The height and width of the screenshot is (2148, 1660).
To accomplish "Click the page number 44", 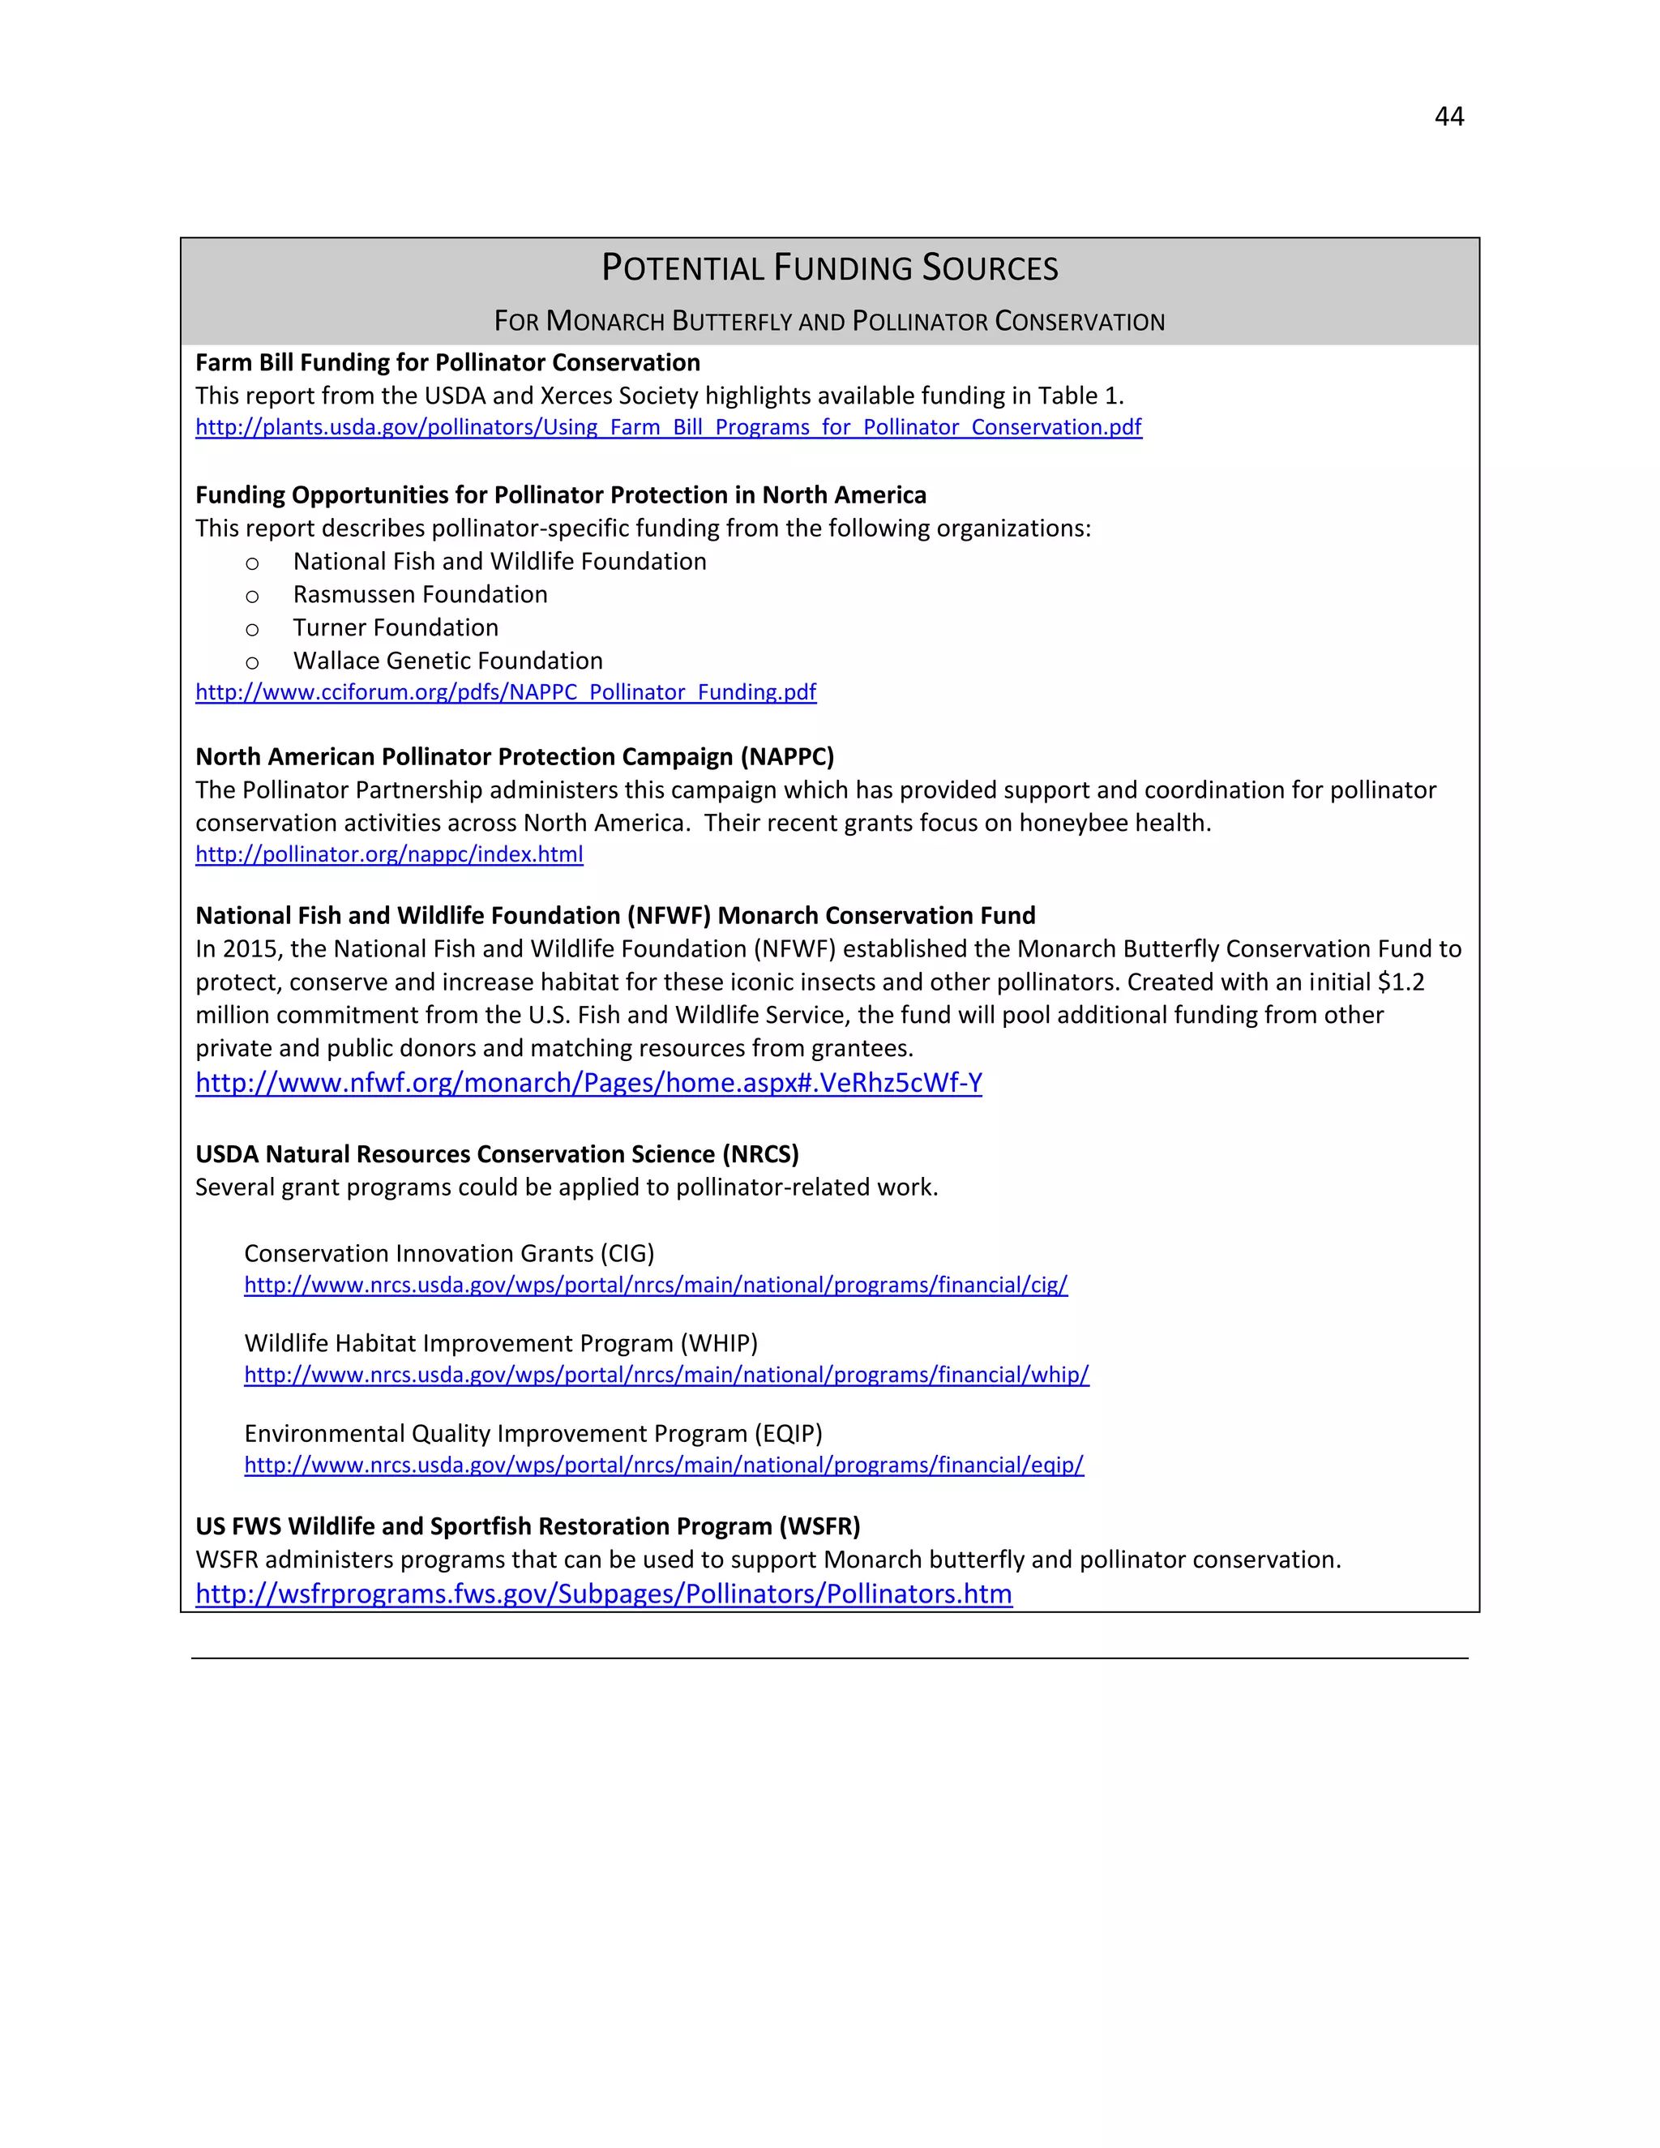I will (x=1448, y=117).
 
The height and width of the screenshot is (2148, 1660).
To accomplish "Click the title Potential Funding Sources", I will (x=829, y=268).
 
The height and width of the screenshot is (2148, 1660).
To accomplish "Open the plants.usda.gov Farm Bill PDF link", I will (x=668, y=427).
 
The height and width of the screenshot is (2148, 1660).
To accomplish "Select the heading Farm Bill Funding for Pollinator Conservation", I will (x=447, y=363).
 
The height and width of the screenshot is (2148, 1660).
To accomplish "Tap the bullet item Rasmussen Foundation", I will (x=420, y=594).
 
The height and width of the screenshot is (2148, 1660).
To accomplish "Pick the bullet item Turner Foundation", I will (x=396, y=627).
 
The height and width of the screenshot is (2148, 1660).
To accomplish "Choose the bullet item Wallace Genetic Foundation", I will (x=447, y=661).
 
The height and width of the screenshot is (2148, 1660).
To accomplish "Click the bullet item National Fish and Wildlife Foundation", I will (x=499, y=562).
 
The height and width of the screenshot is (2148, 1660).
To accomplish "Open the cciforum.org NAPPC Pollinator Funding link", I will (x=506, y=692).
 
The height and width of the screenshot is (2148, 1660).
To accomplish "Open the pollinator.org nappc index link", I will (x=389, y=854).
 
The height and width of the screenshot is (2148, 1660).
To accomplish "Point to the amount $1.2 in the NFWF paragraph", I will (x=1401, y=982).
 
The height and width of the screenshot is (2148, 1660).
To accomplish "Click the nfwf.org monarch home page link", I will (x=588, y=1083).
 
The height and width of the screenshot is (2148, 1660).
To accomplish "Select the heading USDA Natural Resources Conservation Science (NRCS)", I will (x=497, y=1153).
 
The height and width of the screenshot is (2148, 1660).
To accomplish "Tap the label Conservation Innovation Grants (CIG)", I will (x=448, y=1253).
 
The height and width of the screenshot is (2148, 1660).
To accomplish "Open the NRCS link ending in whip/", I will (x=665, y=1375).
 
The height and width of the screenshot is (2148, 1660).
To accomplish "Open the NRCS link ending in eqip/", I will (x=664, y=1466).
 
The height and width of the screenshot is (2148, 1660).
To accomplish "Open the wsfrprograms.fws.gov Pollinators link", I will (x=603, y=1594).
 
